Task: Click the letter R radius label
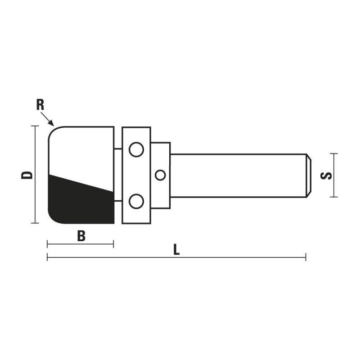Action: tap(40, 105)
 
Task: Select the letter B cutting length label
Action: tap(81, 235)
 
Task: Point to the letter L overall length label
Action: tap(176, 250)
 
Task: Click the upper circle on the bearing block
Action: tap(135, 149)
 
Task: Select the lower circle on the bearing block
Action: tap(135, 201)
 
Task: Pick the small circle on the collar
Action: tap(160, 175)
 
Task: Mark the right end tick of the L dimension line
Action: tap(306, 257)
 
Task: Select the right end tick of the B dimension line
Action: tap(113, 244)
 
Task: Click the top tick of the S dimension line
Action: tap(333, 154)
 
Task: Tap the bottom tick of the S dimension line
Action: tap(333, 197)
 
